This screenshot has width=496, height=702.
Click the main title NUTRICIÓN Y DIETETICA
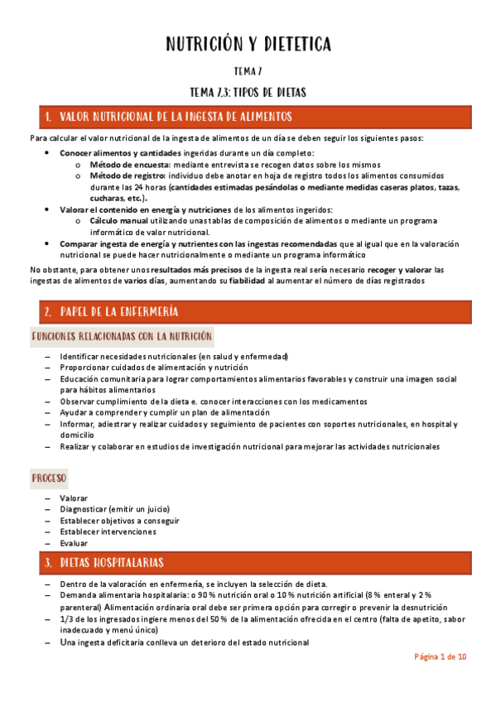[248, 44]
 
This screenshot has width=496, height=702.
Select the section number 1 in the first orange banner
[48, 117]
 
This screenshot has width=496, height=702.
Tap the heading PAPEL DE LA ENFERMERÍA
[121, 311]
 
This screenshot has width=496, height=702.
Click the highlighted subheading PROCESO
[49, 478]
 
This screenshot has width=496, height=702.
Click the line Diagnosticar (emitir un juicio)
[114, 509]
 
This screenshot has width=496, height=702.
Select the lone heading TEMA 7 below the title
[248, 72]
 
